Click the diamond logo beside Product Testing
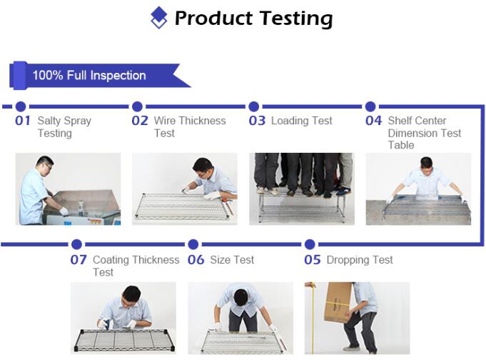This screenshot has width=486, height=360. point(158,17)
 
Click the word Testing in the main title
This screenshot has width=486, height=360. point(296,19)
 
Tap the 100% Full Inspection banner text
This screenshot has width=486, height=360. point(89,76)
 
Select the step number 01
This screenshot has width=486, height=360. point(23,121)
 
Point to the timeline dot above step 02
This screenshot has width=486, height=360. point(137,106)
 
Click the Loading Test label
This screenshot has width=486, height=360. point(302,121)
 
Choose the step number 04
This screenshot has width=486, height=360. point(373,121)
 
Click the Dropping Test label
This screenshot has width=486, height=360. point(360,260)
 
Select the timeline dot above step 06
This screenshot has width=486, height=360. point(193,244)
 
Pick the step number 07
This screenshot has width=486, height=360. point(79,260)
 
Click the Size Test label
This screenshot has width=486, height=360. point(232,260)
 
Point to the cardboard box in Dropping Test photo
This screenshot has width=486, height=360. point(337,302)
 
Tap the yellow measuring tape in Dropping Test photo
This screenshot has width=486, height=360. point(313,318)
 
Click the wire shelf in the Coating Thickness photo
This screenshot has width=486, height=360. point(125,340)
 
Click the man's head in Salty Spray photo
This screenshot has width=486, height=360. point(45,165)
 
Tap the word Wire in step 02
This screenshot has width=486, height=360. point(165,121)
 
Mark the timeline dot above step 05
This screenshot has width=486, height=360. point(310,244)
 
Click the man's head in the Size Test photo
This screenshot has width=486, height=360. point(241,298)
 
